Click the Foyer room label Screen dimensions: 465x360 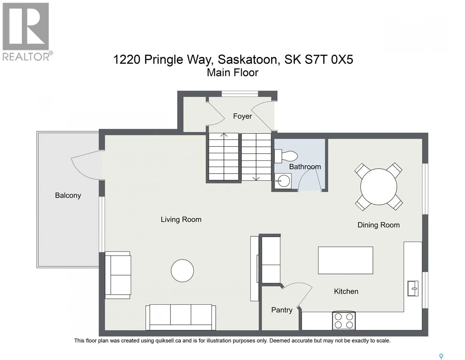coord(242,116)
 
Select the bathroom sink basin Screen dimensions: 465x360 coord(283,181)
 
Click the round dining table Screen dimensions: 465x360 coord(379,187)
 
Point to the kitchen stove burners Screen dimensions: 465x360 coord(344,321)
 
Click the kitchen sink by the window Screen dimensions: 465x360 coord(413,288)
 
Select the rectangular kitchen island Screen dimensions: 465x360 coord(345,260)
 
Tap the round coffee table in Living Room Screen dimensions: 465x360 coord(182,271)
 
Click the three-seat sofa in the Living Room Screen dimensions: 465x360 coord(181,317)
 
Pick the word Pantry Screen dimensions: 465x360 coord(282,310)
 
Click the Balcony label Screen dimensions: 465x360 coord(68,195)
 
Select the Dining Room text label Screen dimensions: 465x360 coord(379,225)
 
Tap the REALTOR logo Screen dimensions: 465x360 coord(26,32)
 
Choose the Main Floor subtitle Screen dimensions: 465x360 coord(232,73)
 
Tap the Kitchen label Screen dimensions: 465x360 coord(346,291)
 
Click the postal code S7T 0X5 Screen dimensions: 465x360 coord(329,59)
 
